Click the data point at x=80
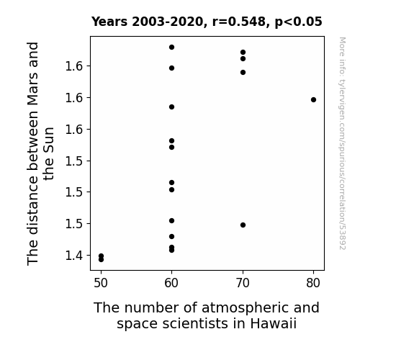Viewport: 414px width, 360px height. [x=313, y=100]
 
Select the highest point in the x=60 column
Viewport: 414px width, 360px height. [x=171, y=48]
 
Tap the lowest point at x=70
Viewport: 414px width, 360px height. [x=243, y=225]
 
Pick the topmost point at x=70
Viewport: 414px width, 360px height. [x=243, y=53]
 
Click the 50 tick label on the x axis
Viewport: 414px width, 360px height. [x=101, y=283]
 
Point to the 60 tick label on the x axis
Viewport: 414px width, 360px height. [x=171, y=283]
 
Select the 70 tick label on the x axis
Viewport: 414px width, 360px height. [x=243, y=283]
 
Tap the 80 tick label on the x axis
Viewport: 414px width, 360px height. [x=313, y=283]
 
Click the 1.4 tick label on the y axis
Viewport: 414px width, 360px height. [x=74, y=256]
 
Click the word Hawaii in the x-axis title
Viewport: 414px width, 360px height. [x=274, y=323]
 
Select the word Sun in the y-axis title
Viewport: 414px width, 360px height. [x=49, y=140]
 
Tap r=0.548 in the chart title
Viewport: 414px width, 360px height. [x=239, y=22]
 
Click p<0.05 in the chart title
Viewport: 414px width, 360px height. [x=299, y=22]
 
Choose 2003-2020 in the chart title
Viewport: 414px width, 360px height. [x=167, y=22]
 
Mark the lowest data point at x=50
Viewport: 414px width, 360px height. [x=101, y=260]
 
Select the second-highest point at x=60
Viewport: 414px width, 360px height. [x=171, y=68]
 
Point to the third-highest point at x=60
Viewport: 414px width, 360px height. [x=171, y=107]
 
